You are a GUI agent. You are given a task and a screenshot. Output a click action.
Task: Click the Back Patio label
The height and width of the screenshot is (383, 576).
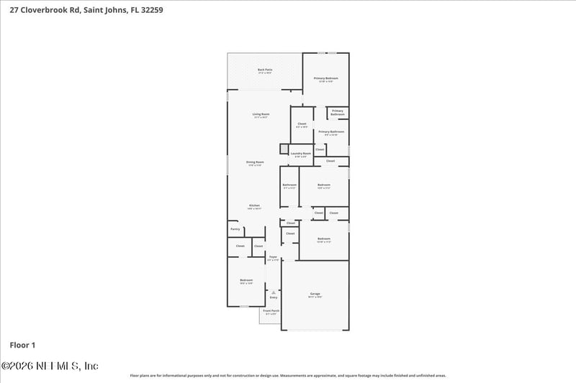(264, 70)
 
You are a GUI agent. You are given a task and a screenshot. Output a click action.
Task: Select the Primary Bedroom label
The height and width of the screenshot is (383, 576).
(325, 78)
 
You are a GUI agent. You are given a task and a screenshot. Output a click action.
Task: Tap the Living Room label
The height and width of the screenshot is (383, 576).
(261, 114)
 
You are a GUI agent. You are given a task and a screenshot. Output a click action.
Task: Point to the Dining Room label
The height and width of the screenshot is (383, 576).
(255, 162)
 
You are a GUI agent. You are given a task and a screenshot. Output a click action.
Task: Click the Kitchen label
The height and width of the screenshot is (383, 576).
(254, 206)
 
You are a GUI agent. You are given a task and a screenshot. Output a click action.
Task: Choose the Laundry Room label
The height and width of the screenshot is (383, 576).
(301, 153)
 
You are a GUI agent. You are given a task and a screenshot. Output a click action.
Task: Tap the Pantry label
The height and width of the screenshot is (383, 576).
(235, 229)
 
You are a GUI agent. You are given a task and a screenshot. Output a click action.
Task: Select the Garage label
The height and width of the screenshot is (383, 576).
(315, 294)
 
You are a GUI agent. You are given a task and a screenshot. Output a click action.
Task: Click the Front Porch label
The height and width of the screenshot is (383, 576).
(270, 311)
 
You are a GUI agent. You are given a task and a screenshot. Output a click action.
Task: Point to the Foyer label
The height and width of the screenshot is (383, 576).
(273, 257)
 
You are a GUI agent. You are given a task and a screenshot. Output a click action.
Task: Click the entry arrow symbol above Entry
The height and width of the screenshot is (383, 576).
(273, 292)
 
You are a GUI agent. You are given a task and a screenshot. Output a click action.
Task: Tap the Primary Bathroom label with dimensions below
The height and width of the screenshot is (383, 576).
(331, 132)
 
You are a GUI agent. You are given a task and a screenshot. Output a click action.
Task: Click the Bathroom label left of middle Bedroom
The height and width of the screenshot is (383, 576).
(289, 185)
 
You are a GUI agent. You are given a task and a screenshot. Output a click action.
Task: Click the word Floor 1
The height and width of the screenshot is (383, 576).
(23, 345)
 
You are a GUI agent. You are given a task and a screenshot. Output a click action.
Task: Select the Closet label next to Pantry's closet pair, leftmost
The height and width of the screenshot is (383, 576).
(240, 246)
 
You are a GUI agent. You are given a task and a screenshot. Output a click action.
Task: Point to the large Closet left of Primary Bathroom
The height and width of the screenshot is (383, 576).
(302, 124)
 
